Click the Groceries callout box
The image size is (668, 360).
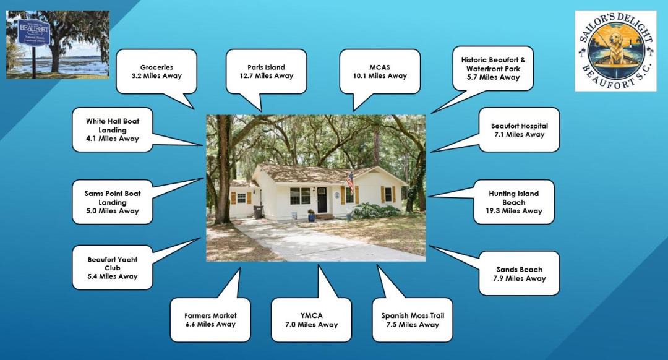(x=156, y=71)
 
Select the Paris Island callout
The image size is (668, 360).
(x=266, y=71)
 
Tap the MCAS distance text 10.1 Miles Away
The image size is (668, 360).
(x=379, y=76)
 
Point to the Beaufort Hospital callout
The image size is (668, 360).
(x=519, y=130)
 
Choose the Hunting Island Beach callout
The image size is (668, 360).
(x=513, y=202)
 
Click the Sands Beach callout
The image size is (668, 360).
(x=519, y=273)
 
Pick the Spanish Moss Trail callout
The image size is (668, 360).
(x=412, y=320)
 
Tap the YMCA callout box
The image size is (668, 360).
(x=311, y=320)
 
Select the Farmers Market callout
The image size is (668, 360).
(x=210, y=320)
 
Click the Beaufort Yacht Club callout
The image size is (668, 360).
(x=112, y=268)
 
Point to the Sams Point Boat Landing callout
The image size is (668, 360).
(x=112, y=202)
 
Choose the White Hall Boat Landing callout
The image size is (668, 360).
(x=112, y=130)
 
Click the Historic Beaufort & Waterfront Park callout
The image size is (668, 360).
(x=492, y=69)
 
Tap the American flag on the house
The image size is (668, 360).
(x=350, y=181)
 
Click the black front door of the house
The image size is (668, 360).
(x=322, y=200)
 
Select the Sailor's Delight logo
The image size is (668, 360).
(x=615, y=51)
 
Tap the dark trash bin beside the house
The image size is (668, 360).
(x=258, y=212)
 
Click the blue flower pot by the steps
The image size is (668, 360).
(x=311, y=216)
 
